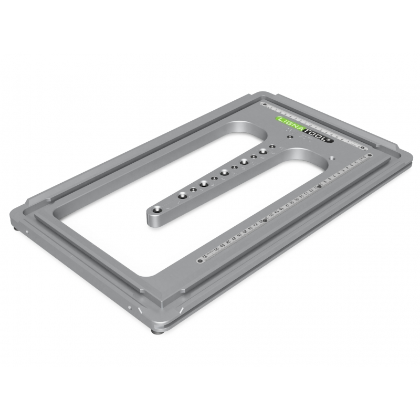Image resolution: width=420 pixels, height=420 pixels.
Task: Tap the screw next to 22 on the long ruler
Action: click(x=266, y=220)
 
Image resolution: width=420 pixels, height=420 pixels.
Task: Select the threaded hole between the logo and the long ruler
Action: click(x=332, y=157)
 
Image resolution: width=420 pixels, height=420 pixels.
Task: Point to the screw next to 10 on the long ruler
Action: click(x=319, y=186)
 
